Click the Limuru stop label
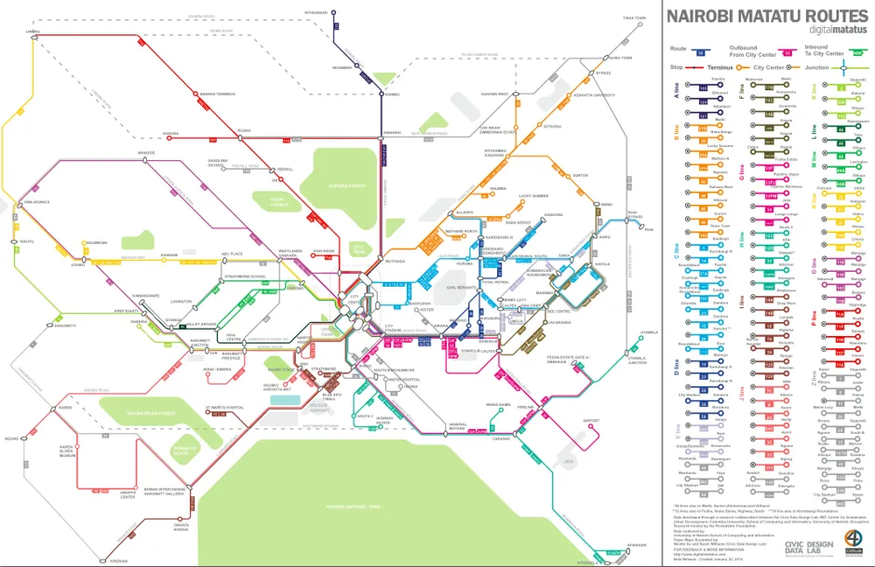pos(33,32)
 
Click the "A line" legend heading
pos(677,89)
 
